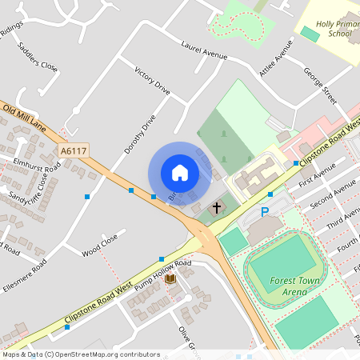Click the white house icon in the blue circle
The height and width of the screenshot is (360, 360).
point(180,173)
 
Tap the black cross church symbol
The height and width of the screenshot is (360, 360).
point(216,208)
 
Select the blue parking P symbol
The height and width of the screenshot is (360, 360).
point(265,212)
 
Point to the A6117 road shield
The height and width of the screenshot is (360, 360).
point(73,150)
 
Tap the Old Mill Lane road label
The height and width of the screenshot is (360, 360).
point(24,118)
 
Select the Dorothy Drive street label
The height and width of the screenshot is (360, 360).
point(139,134)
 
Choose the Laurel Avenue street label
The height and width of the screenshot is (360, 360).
point(204,51)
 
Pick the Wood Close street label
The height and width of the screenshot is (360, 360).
point(100,245)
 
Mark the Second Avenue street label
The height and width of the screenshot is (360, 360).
point(333,193)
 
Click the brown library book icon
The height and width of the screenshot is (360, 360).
point(169,278)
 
